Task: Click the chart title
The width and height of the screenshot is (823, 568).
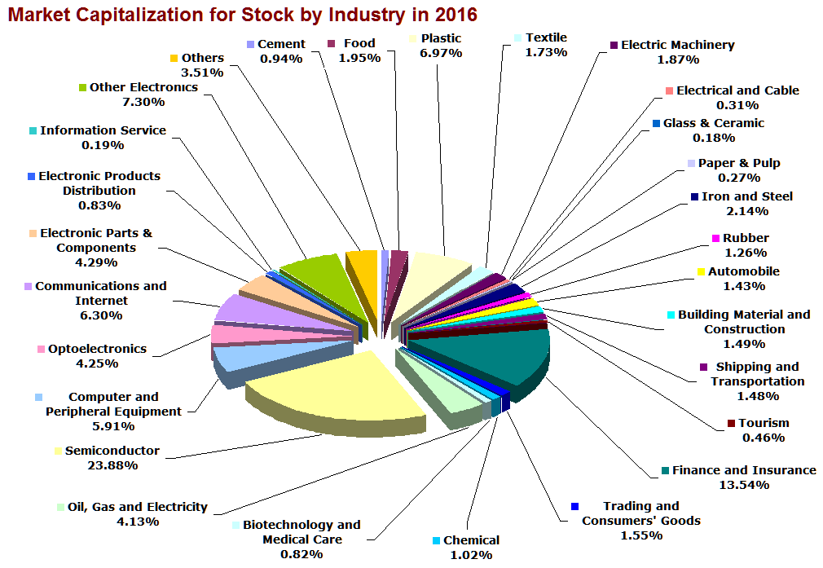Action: pyautogui.click(x=241, y=14)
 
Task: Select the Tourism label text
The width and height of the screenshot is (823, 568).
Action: pyautogui.click(x=764, y=423)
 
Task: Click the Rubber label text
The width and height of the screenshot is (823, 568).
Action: pyautogui.click(x=746, y=238)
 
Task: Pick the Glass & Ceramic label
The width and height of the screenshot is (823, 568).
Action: pyautogui.click(x=714, y=123)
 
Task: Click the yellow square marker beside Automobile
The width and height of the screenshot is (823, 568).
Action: pyautogui.click(x=701, y=272)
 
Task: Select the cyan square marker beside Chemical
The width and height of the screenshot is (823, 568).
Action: pyautogui.click(x=437, y=541)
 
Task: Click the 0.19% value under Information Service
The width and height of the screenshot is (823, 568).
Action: pyautogui.click(x=103, y=145)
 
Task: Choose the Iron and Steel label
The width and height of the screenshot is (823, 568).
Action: pyautogui.click(x=746, y=196)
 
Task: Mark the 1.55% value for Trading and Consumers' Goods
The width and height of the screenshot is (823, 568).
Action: pyautogui.click(x=640, y=535)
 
